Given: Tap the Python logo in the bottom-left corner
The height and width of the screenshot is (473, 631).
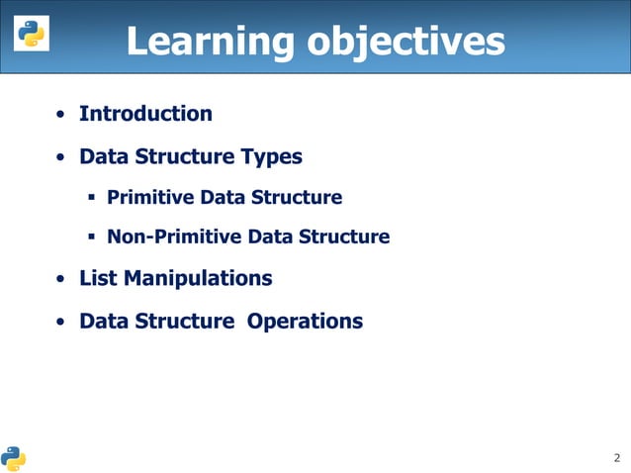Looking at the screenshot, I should click(14, 457).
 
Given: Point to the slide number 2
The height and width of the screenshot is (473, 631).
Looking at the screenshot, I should click(617, 457).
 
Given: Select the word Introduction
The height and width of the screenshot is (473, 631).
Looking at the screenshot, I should click(145, 114).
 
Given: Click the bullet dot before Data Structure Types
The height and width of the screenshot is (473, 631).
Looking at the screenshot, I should click(61, 158).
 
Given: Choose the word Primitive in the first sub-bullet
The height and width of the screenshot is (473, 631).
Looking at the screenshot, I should click(150, 198).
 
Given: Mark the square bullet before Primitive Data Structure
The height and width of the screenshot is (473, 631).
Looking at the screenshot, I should click(90, 198).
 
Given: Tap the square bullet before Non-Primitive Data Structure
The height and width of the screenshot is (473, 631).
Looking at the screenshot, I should click(90, 237).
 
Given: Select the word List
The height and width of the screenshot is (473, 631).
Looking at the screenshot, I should click(99, 279).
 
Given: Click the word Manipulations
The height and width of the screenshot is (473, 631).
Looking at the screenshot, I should click(198, 279).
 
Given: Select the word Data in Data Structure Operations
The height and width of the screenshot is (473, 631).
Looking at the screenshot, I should click(102, 322).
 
